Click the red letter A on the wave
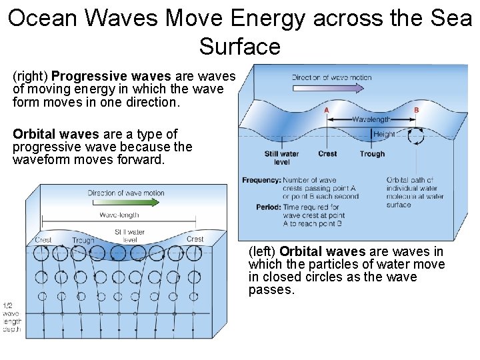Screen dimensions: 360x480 coord(326,109)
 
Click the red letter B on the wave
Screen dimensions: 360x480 coord(416,109)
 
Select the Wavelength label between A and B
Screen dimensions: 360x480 coord(372,120)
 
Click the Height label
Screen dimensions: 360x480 coord(385,134)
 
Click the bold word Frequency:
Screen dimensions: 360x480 coord(261,180)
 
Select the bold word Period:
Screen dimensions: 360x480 coord(268,207)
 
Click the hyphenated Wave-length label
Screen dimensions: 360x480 coord(119,215)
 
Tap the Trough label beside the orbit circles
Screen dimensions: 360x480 coord(83,240)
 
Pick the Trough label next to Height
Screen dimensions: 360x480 coord(372,154)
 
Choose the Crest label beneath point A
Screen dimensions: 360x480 coord(327,154)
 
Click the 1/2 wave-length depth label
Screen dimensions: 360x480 coord(11,313)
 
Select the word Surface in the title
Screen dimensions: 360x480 coord(239,47)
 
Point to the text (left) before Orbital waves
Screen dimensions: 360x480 coord(263,252)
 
